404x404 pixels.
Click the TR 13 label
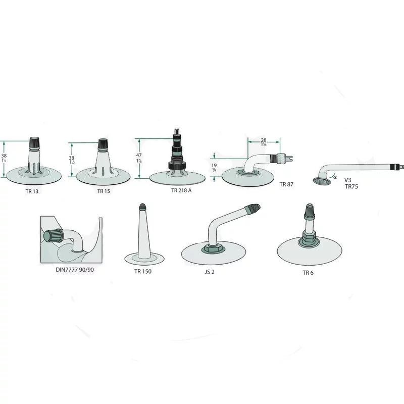tap(32, 191)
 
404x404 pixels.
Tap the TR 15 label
tap(105, 191)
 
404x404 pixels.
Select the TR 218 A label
tap(181, 190)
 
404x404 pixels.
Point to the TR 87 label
tap(286, 185)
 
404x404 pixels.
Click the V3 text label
tap(348, 180)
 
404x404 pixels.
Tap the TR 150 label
tap(143, 271)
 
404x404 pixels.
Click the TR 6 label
tap(308, 273)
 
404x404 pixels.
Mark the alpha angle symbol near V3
tap(335, 176)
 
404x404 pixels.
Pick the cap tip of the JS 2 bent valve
tap(254, 208)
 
